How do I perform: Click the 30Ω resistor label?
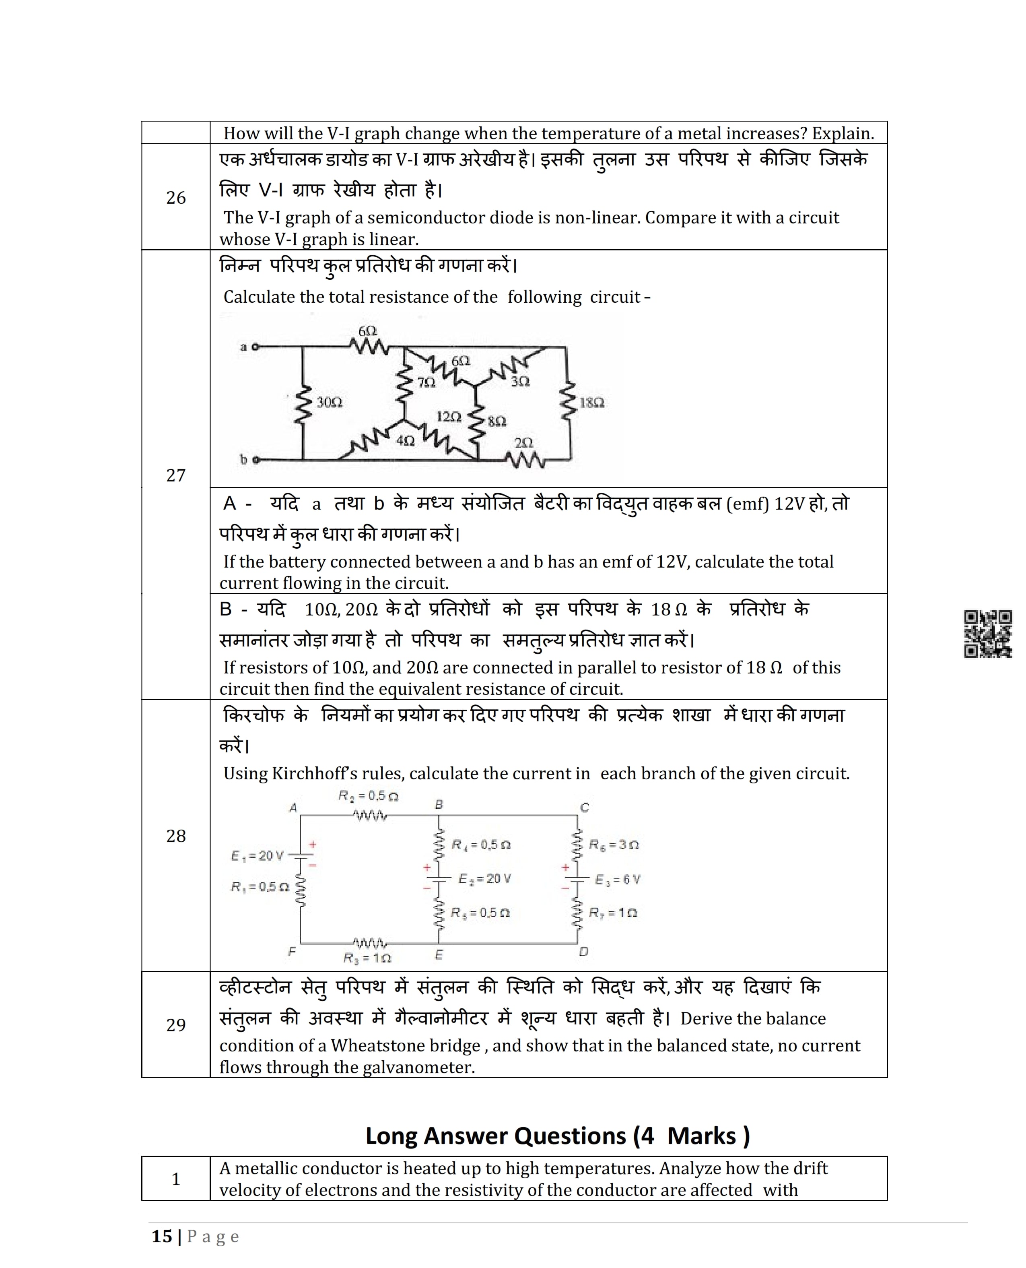329,403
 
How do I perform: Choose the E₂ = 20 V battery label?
484,879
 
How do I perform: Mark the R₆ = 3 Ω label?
614,845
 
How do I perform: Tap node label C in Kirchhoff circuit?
585,807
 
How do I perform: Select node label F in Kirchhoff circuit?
292,952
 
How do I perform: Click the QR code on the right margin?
988,634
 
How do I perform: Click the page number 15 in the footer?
162,1236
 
